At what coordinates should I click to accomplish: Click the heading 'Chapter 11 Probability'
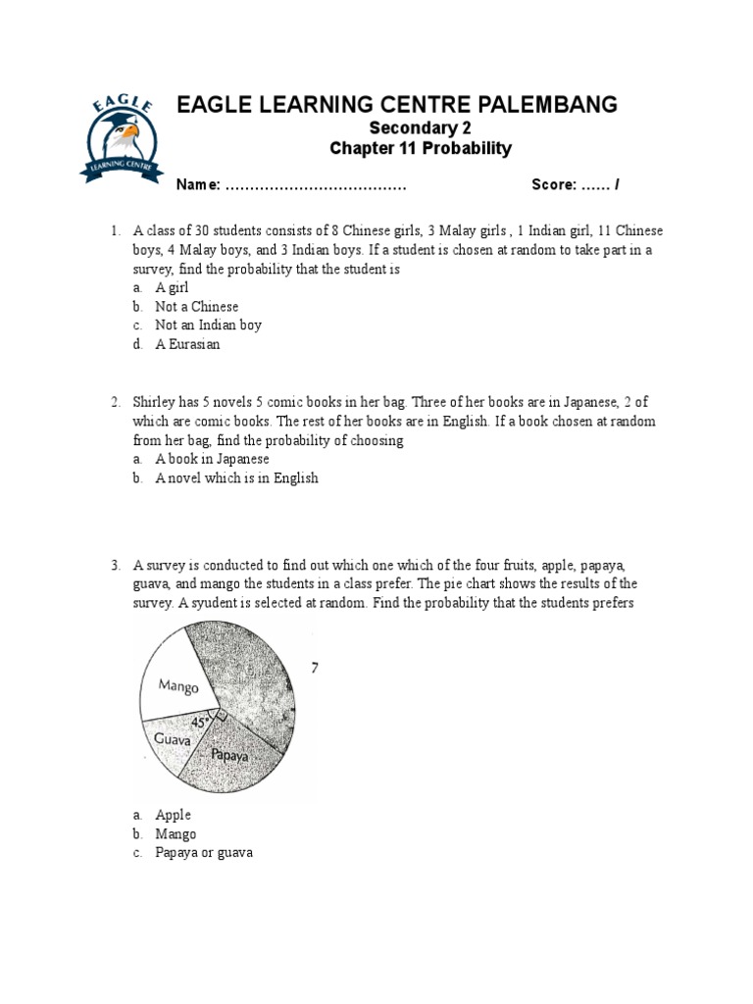(421, 149)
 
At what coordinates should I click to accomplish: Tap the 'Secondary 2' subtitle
(420, 128)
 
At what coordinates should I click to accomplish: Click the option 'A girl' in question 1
(172, 287)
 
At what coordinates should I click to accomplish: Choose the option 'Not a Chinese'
(196, 306)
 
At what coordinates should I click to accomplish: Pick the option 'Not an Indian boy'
(208, 325)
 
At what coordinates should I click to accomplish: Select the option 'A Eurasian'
(187, 344)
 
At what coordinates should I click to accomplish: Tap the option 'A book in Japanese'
(212, 459)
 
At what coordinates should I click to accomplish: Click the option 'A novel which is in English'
(236, 478)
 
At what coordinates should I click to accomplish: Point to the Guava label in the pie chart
(173, 740)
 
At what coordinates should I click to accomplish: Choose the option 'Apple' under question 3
(173, 815)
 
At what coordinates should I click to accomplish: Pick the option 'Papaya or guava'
(203, 852)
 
